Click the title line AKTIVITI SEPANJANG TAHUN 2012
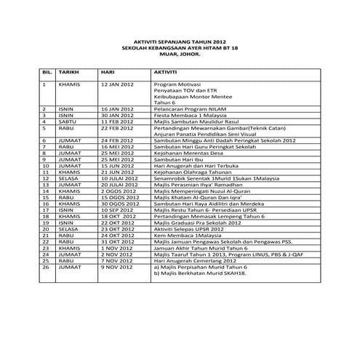180,42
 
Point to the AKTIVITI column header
167,73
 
